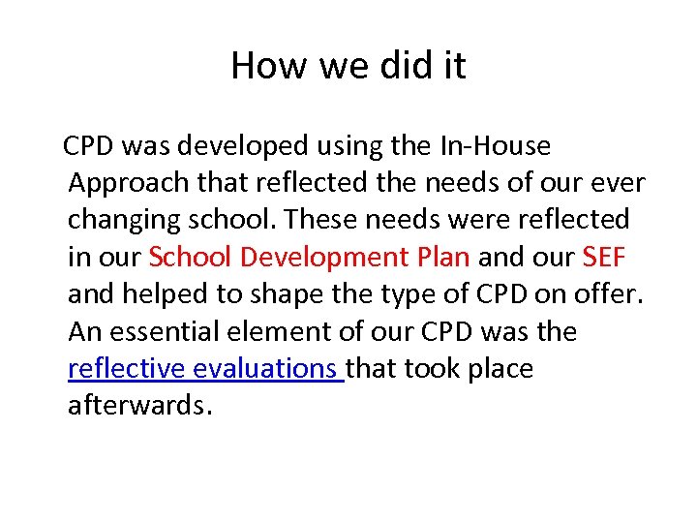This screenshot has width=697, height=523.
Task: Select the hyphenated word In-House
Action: (496, 146)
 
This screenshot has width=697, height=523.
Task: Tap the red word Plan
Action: (444, 258)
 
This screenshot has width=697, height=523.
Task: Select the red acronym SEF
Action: (605, 258)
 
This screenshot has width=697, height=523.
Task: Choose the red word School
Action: (191, 258)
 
